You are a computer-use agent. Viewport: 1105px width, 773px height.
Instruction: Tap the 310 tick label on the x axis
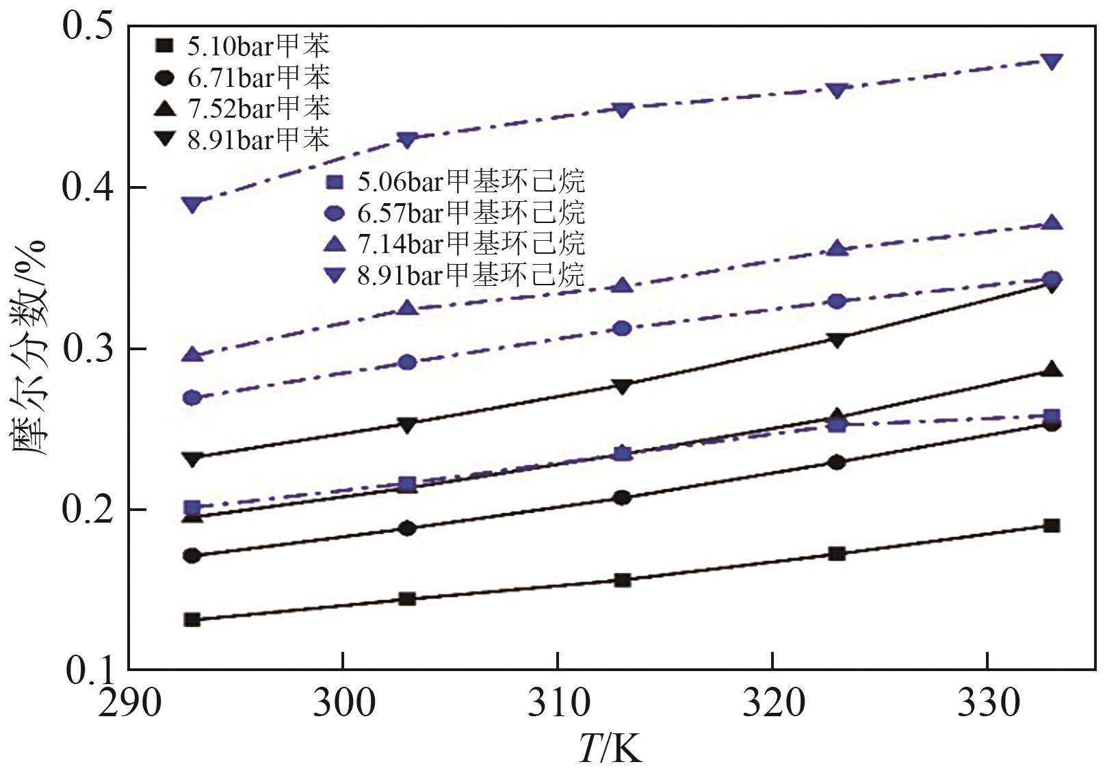(558, 703)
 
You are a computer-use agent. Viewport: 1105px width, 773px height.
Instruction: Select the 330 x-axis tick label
(987, 703)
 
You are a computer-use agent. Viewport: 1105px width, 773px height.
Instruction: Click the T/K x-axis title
(610, 748)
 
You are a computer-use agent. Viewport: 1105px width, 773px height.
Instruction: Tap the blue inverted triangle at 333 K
(1052, 62)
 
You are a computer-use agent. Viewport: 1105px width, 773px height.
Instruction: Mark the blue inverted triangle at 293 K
(193, 205)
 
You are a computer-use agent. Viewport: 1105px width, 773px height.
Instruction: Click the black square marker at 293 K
(192, 620)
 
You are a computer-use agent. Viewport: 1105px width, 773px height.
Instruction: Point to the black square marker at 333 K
(1052, 525)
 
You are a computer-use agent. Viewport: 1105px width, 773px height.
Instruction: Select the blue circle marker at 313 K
(622, 328)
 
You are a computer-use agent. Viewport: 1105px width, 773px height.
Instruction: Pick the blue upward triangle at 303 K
(408, 308)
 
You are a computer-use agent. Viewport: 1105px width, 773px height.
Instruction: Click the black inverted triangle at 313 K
(622, 386)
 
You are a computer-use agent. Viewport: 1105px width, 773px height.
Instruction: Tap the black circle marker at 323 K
(837, 462)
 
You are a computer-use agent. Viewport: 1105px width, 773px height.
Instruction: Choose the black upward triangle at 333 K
(1052, 370)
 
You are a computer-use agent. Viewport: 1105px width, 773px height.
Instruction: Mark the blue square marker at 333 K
(1052, 416)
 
